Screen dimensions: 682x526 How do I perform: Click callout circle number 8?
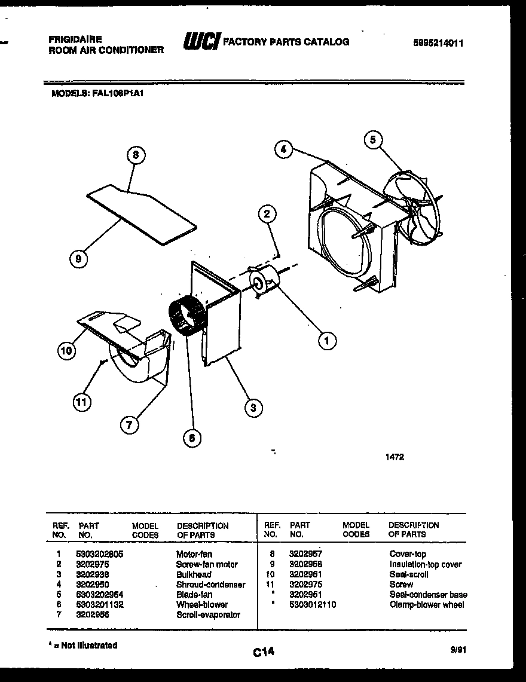point(136,154)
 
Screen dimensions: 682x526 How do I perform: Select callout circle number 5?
point(372,140)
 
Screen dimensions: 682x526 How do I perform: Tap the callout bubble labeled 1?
point(326,341)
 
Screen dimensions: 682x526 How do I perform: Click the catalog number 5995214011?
point(438,43)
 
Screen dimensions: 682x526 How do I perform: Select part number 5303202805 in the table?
point(99,554)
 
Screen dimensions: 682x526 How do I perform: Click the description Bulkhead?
point(193,574)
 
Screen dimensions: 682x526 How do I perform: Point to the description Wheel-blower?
point(201,604)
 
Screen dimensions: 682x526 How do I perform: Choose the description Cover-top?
point(408,554)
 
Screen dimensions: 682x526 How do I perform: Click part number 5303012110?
point(312,604)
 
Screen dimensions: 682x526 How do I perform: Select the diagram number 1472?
point(395,457)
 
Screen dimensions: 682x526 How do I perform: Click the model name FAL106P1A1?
point(118,93)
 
